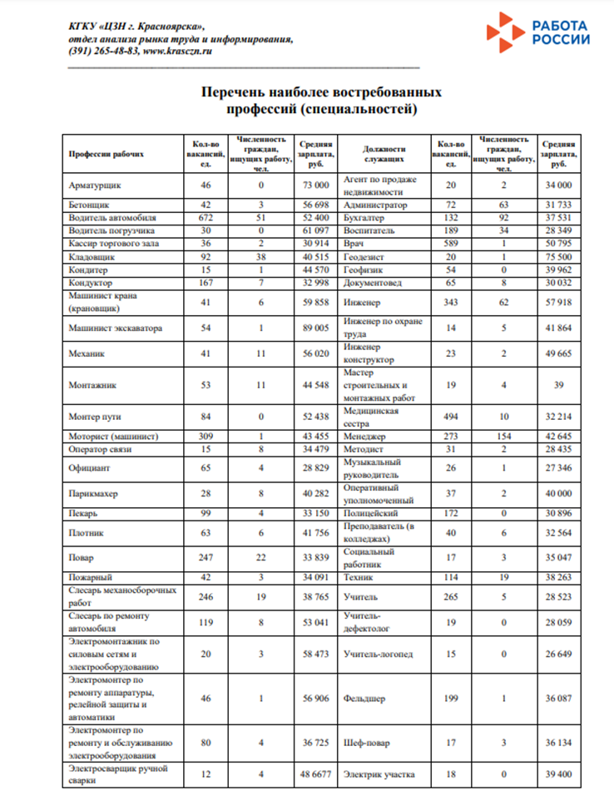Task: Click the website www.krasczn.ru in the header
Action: coord(178,51)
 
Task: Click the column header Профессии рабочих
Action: coord(106,154)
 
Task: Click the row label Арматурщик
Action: coord(94,185)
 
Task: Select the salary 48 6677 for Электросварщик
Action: coord(317,773)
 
